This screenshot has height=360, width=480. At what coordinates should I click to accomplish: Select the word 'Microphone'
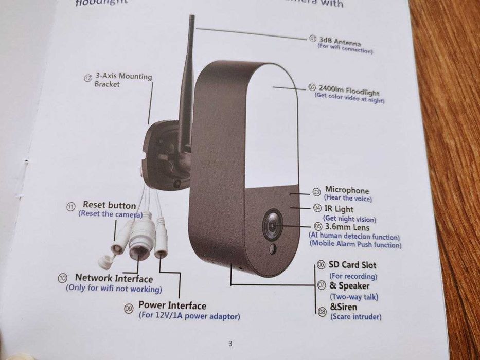(347, 191)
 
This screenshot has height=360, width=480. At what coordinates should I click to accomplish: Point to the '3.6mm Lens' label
(347, 227)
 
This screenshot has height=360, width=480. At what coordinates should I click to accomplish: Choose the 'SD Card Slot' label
(352, 265)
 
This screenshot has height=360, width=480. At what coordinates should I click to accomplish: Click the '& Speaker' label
(349, 285)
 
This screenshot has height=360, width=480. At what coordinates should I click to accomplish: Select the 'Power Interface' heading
(172, 305)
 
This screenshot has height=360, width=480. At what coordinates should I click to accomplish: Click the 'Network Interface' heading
(114, 278)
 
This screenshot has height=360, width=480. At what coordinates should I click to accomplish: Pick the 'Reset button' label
(109, 205)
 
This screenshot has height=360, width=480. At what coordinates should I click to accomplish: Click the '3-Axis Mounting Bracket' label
(123, 80)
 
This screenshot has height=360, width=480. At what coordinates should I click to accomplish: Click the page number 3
(230, 344)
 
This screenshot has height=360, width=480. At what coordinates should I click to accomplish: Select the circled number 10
(63, 278)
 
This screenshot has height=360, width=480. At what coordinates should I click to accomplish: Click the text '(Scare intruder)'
(355, 316)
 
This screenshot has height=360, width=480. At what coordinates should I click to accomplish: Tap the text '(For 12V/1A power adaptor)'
(189, 316)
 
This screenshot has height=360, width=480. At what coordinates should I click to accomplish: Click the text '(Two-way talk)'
(354, 296)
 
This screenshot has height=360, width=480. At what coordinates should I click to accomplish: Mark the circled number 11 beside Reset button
(71, 206)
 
